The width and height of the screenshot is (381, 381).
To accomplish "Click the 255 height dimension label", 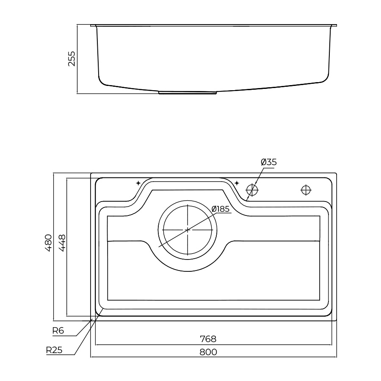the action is click(x=72, y=58).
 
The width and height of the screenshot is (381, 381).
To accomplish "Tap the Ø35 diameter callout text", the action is click(x=269, y=162).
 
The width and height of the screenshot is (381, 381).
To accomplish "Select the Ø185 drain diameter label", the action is click(x=221, y=209).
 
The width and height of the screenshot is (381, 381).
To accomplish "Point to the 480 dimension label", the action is click(x=48, y=243).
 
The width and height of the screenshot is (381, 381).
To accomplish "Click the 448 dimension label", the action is click(x=62, y=243).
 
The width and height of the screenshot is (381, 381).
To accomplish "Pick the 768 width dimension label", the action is click(x=208, y=339).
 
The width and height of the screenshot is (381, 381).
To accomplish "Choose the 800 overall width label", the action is click(x=208, y=352).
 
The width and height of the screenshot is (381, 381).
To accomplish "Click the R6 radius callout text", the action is click(x=58, y=331).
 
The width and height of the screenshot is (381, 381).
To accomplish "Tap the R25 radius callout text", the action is click(x=54, y=350).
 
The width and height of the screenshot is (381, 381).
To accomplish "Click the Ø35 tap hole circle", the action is click(x=252, y=190).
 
